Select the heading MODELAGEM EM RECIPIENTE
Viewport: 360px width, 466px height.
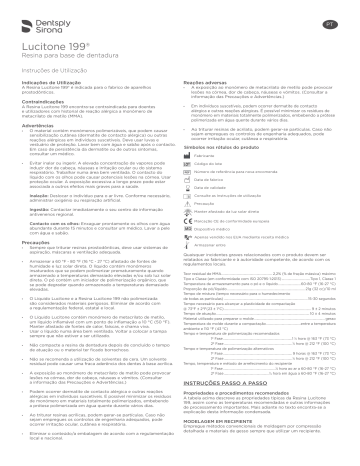[225, 450]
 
